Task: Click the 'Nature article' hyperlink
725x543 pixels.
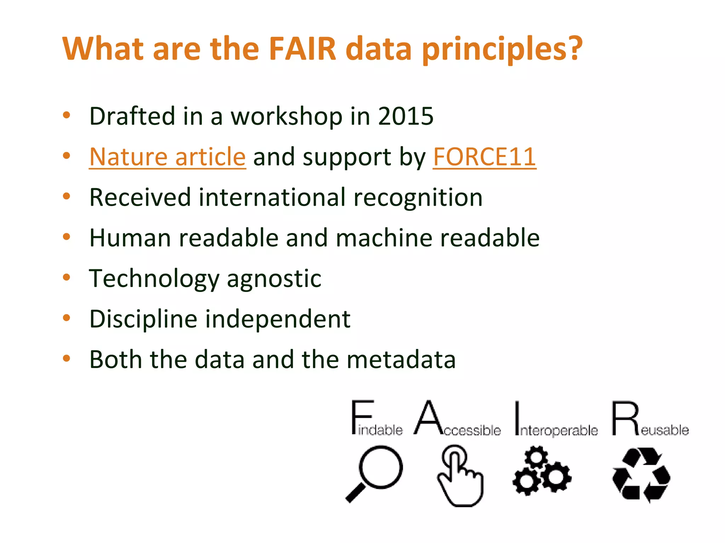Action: [167, 157]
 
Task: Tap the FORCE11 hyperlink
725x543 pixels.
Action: [484, 157]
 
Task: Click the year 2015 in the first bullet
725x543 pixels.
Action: [406, 116]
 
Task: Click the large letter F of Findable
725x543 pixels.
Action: [361, 417]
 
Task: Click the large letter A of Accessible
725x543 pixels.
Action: [428, 417]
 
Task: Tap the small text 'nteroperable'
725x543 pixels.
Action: [559, 431]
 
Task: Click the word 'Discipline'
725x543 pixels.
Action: [143, 319]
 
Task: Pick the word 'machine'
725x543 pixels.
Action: [384, 238]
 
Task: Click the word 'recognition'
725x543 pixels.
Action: [418, 197]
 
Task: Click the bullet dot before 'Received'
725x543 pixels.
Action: [66, 196]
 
